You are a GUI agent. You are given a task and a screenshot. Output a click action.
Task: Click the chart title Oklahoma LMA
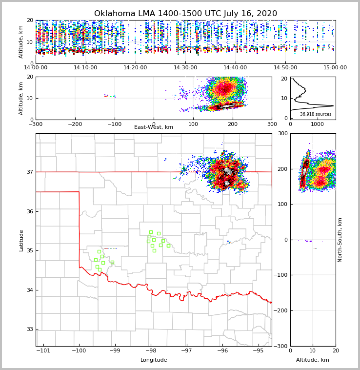coord(185,14)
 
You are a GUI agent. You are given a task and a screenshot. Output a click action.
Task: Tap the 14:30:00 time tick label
coord(185,68)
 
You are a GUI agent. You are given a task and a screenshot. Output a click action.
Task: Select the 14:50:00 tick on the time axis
coord(285,68)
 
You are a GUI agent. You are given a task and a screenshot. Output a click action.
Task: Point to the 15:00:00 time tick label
coord(335,68)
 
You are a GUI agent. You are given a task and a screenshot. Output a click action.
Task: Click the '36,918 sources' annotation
coord(316,114)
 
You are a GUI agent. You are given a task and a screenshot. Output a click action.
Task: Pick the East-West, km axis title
coord(154,127)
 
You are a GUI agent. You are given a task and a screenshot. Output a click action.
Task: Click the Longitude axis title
coord(154,360)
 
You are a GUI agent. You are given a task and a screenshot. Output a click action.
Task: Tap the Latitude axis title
coord(21,240)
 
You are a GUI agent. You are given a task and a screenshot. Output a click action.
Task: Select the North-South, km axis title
coord(340,240)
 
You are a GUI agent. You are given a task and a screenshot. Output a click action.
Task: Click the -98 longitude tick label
coord(150,351)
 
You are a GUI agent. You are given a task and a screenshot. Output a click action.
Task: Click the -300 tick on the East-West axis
coord(36,124)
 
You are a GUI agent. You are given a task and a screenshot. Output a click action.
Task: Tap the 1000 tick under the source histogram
coord(318,124)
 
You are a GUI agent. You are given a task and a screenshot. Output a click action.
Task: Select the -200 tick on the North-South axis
coord(281,311)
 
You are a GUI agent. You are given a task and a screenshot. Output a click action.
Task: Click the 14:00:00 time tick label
coord(36,68)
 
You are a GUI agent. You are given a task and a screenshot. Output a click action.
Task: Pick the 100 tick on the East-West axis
coord(193,124)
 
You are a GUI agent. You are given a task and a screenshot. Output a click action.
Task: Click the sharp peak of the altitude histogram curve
coord(333,105)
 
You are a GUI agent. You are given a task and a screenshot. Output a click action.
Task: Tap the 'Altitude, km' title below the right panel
coord(313,360)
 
